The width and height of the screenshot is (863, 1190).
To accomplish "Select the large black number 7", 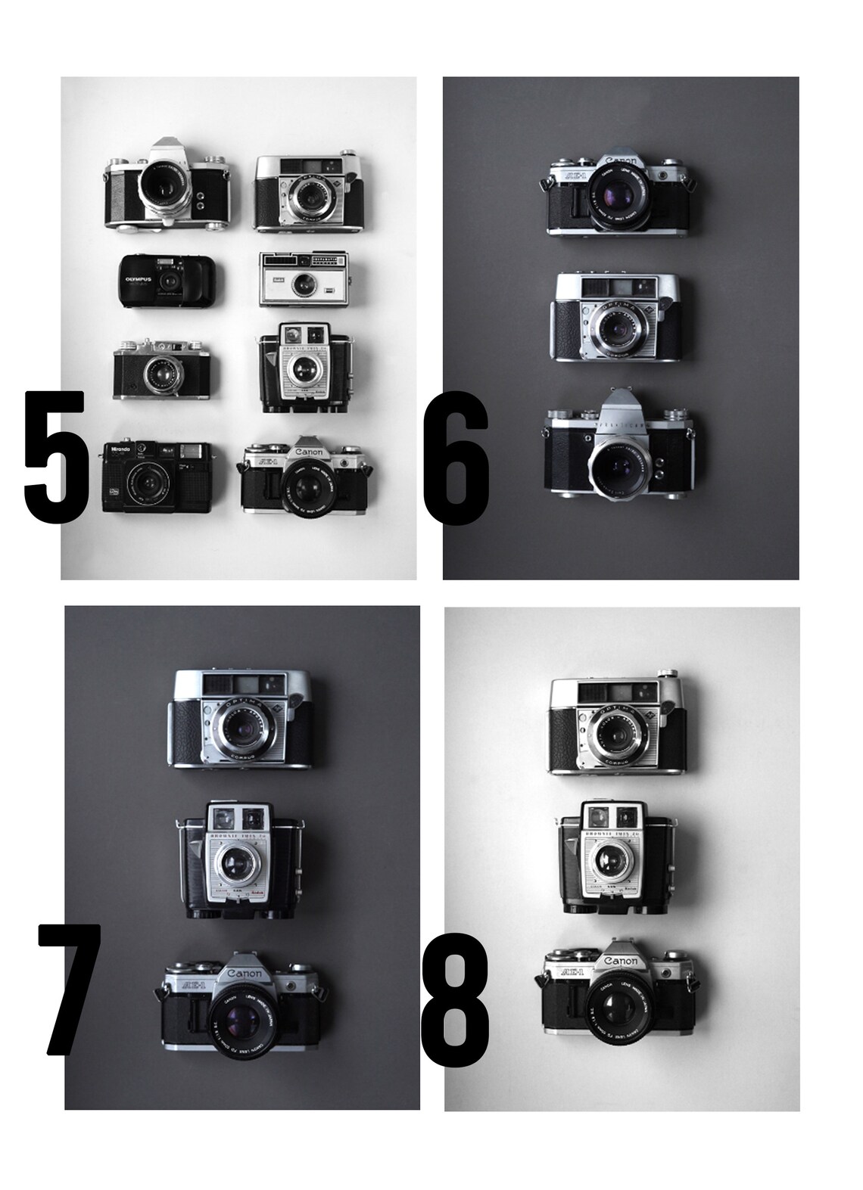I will (70, 989).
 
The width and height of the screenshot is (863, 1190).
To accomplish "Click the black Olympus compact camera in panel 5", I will (169, 280).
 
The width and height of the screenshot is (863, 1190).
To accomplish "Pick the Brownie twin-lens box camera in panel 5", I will (305, 368).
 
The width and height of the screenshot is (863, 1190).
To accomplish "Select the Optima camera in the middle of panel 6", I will (617, 316).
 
